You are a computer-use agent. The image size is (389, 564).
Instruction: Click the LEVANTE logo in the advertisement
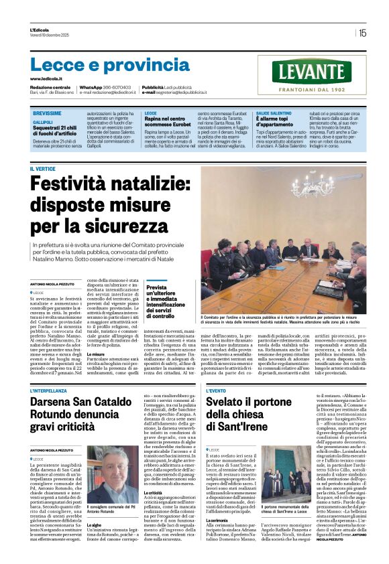pos(312,72)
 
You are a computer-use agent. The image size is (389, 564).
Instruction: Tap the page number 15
pos(363,32)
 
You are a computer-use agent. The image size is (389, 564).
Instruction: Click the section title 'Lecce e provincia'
pos(101,65)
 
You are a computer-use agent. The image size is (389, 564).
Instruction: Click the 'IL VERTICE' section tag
pos(42,169)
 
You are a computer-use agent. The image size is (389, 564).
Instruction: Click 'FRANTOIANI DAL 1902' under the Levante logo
pos(312,89)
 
